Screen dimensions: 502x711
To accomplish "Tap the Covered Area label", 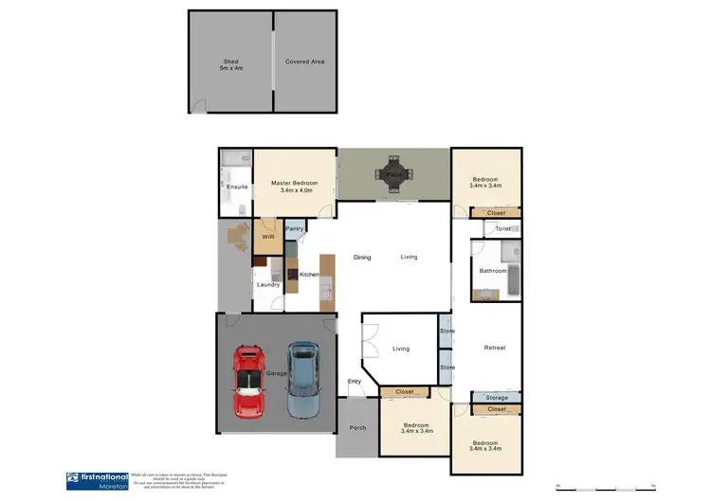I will (x=305, y=62).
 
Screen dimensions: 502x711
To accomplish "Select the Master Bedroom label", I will (x=294, y=187).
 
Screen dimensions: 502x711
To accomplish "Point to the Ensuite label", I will (x=237, y=187).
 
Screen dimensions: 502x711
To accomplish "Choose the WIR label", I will (x=268, y=237).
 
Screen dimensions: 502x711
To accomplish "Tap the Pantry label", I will (x=295, y=228).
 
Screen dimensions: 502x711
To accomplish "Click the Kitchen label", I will (x=310, y=275).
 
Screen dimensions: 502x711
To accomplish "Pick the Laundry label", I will (x=267, y=285).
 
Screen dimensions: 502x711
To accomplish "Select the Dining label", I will (x=362, y=258).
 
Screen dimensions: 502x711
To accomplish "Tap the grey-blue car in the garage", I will (x=303, y=379).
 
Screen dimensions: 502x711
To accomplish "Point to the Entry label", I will (x=355, y=381).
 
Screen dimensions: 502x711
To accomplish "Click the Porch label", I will (x=357, y=427).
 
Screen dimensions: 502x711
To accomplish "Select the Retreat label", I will (x=495, y=348).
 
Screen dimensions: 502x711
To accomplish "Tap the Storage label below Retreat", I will (x=496, y=398).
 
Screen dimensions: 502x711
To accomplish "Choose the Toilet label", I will (x=503, y=229).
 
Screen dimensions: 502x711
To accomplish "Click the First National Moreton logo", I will (x=96, y=481).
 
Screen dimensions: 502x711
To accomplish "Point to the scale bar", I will (x=607, y=488).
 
